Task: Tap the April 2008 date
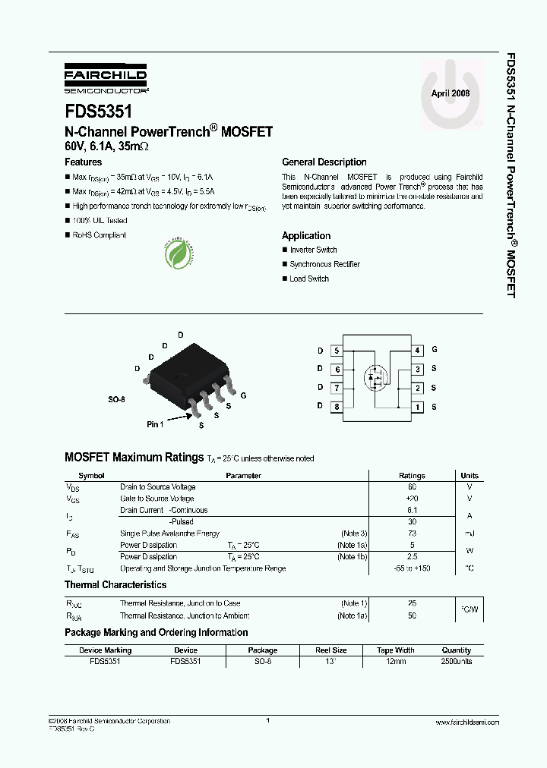[451, 93]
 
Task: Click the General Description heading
[324, 162]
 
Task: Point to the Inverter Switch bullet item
[313, 250]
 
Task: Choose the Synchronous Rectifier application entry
[324, 265]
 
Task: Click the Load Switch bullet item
[309, 279]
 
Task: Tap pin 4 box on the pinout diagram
[418, 351]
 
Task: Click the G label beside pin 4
[435, 350]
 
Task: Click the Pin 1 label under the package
[155, 424]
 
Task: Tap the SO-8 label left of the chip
[115, 398]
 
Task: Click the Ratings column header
[412, 476]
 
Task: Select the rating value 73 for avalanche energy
[412, 534]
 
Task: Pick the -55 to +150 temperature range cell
[412, 568]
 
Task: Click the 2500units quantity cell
[457, 662]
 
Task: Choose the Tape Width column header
[395, 650]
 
